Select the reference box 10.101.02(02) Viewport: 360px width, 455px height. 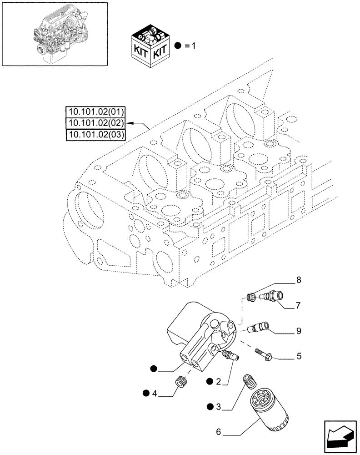click(96, 123)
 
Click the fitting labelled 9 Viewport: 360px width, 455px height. click(260, 327)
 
